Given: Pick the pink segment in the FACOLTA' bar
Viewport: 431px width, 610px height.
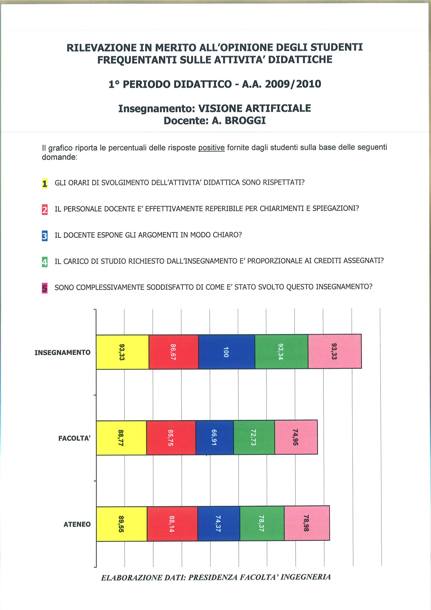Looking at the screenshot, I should coord(296,437).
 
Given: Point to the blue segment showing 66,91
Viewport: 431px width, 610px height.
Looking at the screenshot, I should coord(215,437).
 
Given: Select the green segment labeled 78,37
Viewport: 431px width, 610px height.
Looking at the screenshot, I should coord(262,523).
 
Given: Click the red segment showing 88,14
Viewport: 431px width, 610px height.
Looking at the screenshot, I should coord(172,524).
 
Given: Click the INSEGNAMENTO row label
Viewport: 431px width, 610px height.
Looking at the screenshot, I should coord(62,353).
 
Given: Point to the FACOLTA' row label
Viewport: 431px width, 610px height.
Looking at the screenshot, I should coord(74,438).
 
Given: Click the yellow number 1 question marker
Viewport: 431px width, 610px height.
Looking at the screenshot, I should coord(45,183).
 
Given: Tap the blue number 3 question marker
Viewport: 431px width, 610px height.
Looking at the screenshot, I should coord(45,236).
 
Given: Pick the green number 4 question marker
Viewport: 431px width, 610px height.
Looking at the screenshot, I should coord(45,262).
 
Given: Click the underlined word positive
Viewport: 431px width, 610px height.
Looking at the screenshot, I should coord(211,148).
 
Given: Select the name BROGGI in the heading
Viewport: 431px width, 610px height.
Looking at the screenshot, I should coord(245,121).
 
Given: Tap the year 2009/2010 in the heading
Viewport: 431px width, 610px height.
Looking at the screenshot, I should coord(293,84).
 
